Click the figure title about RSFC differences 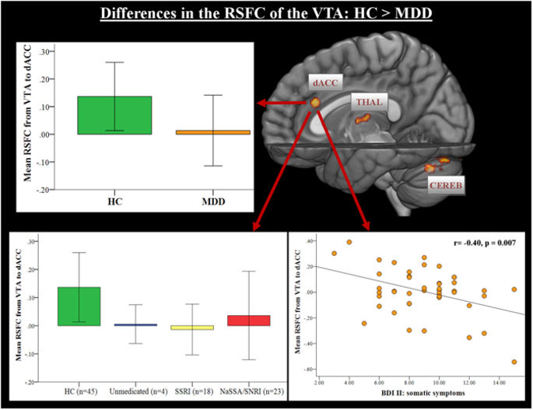click(x=266, y=14)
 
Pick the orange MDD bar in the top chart click(x=212, y=132)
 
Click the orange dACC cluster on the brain click(x=316, y=102)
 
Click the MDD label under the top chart click(x=212, y=200)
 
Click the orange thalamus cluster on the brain click(x=363, y=120)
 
